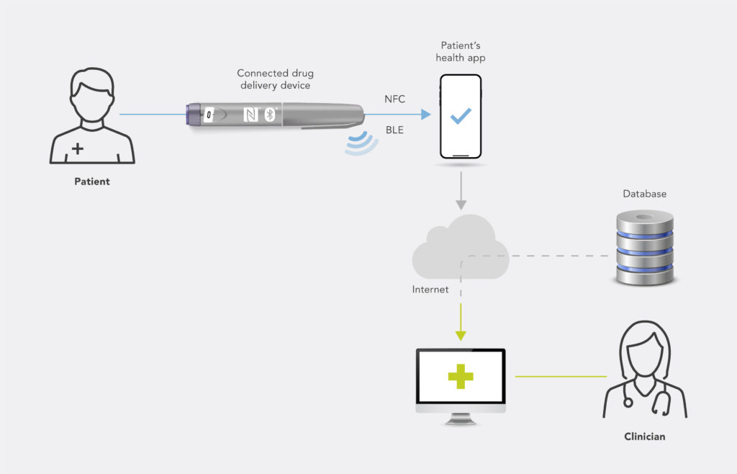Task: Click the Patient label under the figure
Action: [x=92, y=182]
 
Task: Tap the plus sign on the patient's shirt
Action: [x=77, y=148]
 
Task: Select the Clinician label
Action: [x=644, y=437]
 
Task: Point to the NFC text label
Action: [x=395, y=99]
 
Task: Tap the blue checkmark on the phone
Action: [x=461, y=116]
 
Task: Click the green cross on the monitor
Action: [x=461, y=376]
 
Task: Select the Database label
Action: [x=644, y=194]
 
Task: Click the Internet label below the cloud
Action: [x=430, y=290]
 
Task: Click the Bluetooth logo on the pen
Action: [x=270, y=115]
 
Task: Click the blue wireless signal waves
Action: [x=359, y=142]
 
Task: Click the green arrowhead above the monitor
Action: [x=461, y=335]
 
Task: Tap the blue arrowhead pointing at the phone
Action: [x=425, y=114]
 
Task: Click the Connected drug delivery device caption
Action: [x=276, y=79]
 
